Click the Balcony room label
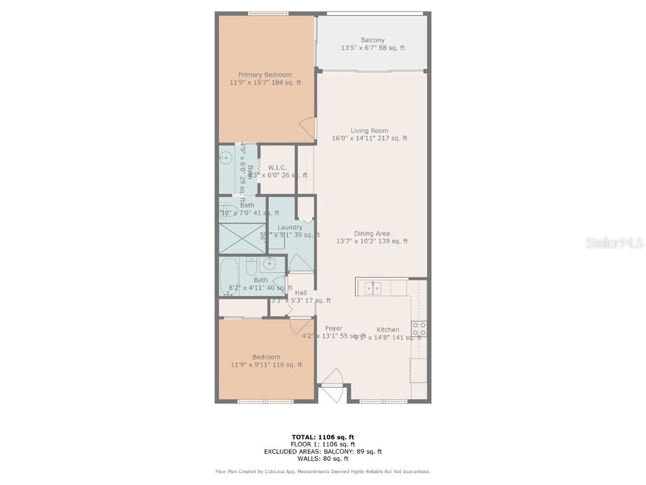372,40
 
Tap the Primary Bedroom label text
265,75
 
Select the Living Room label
370,131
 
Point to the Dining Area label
372,234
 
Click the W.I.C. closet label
278,167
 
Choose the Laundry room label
290,227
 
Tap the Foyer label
334,328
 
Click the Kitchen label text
387,330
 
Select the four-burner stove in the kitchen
419,329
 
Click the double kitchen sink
372,289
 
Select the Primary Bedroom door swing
307,128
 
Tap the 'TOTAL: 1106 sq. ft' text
322,437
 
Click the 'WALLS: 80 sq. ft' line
322,459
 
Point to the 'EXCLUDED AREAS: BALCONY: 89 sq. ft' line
322,452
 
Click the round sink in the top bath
225,158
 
